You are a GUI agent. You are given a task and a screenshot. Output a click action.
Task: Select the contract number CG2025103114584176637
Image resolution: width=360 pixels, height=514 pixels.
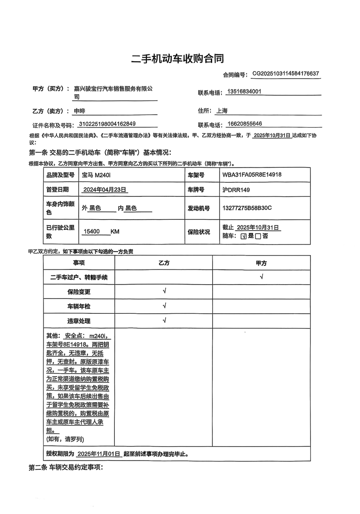point(286,74)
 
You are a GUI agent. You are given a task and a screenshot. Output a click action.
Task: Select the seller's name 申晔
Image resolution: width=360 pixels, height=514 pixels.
point(80,111)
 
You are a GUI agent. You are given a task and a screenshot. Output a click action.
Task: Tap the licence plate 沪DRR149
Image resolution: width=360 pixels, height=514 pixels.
point(236,190)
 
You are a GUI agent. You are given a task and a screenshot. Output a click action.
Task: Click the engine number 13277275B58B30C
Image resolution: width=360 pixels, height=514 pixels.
point(247,208)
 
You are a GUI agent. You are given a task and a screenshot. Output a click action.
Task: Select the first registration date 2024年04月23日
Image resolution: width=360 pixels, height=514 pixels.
point(105,190)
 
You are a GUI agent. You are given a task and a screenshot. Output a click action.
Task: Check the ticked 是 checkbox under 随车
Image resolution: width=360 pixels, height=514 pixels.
point(243,236)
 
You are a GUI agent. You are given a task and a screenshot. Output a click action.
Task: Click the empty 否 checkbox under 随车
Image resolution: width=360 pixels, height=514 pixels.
point(258,236)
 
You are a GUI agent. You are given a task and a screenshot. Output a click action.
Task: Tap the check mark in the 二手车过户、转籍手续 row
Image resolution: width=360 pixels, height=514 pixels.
point(261,277)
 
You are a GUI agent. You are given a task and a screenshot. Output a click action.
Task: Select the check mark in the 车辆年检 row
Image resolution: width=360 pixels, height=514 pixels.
point(164,306)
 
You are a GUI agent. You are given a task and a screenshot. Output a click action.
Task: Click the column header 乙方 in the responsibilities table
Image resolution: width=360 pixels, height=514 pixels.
point(164,263)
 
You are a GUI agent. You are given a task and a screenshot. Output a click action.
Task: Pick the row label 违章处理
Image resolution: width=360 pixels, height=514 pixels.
point(79,321)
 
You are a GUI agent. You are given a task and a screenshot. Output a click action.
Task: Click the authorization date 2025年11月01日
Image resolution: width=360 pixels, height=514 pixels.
point(98,454)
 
